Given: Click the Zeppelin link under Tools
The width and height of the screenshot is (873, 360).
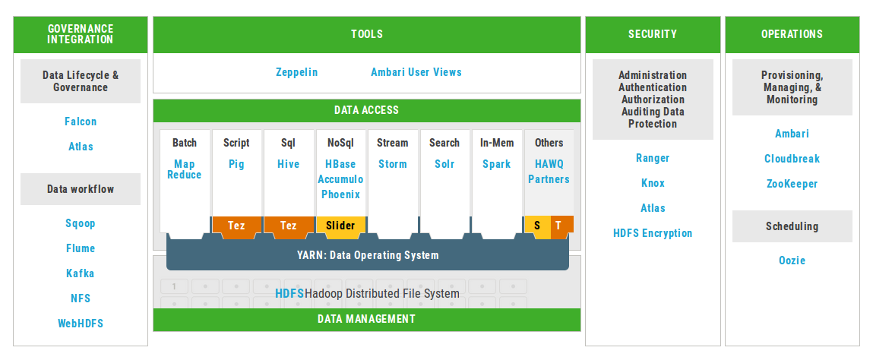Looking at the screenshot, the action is (297, 72).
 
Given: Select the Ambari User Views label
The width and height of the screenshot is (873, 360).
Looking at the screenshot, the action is (416, 72).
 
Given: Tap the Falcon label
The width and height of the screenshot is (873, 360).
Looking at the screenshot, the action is (81, 122).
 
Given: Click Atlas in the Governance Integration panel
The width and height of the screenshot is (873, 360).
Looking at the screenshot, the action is (81, 147).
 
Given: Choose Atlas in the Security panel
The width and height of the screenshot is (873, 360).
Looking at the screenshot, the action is (653, 208).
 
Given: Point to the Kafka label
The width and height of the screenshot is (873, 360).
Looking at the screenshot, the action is (81, 273).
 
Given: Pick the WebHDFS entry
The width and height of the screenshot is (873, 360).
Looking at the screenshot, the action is (81, 324).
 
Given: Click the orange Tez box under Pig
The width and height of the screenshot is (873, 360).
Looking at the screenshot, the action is (236, 226).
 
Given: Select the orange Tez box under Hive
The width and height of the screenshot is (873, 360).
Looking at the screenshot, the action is (289, 226).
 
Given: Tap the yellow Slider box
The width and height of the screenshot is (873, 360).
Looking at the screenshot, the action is (340, 226).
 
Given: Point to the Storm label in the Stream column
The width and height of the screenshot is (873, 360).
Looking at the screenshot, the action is (393, 164).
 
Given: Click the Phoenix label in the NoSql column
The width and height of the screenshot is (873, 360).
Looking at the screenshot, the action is (340, 194).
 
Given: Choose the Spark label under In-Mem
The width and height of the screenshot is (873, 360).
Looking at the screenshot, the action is (497, 164).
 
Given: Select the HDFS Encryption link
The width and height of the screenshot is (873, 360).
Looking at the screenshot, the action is (653, 233).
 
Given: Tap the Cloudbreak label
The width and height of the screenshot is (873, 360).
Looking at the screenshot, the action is (792, 159).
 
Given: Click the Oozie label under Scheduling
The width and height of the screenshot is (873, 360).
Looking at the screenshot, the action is (792, 261).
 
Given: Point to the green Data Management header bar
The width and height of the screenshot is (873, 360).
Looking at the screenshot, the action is (367, 320).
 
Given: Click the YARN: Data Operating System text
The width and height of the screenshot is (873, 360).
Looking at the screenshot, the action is (368, 255).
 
